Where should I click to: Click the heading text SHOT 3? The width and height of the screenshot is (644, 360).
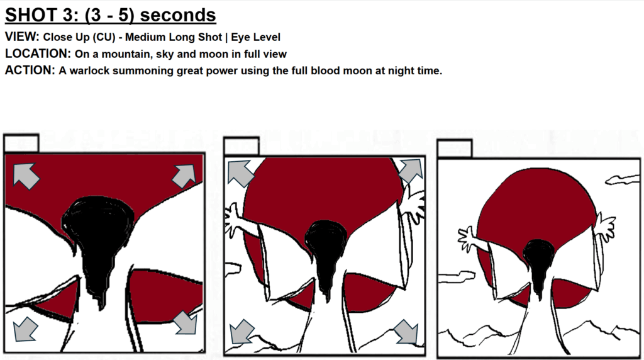[x=42, y=15]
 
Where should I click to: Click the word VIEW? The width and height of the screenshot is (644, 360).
[x=22, y=37]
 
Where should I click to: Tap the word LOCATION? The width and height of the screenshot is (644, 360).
[x=37, y=54]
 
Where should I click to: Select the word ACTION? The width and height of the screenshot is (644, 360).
[x=30, y=70]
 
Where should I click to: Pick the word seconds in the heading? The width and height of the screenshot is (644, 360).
[x=178, y=15]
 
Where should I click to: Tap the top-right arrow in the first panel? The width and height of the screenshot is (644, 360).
[x=184, y=176]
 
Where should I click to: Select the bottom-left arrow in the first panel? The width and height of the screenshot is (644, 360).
[x=25, y=329]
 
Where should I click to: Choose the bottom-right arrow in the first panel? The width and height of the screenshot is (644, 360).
[x=185, y=322]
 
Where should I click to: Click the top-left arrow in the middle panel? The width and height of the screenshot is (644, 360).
[x=240, y=173]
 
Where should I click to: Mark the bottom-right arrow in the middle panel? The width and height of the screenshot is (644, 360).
[x=407, y=332]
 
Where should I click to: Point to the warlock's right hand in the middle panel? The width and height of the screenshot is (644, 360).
[x=412, y=205]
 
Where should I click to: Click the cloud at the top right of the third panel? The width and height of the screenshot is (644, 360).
[x=623, y=179]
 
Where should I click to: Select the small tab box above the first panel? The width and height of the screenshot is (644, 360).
[x=21, y=143]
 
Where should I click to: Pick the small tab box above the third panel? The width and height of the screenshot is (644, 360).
[x=455, y=149]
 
